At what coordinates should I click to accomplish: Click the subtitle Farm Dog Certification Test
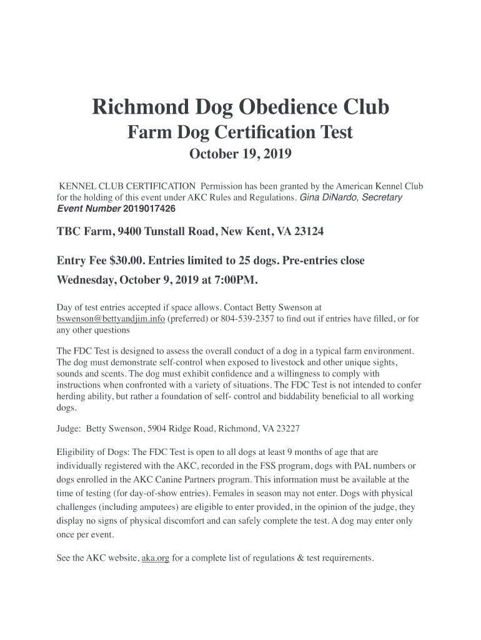[241, 132]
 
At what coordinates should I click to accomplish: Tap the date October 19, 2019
[241, 154]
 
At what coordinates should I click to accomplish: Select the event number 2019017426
[149, 209]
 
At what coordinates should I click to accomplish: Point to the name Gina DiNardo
[327, 197]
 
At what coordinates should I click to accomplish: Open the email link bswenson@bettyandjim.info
[111, 319]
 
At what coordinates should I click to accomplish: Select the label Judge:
[69, 429]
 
